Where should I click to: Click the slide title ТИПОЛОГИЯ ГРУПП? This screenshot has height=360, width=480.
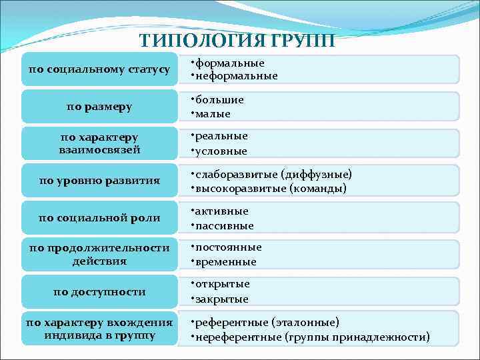(238, 40)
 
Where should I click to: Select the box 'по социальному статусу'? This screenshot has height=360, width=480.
(99, 69)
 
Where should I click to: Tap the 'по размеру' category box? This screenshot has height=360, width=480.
(99, 106)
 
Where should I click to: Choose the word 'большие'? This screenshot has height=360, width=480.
(220, 100)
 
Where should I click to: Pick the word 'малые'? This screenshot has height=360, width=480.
(213, 113)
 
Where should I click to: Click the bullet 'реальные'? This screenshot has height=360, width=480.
(221, 137)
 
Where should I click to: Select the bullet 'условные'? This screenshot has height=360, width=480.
(221, 151)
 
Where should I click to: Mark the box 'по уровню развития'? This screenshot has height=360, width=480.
(99, 180)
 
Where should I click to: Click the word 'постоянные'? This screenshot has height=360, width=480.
(228, 247)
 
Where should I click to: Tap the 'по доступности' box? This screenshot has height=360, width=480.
(99, 291)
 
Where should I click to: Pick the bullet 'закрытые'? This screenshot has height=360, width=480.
(222, 299)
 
